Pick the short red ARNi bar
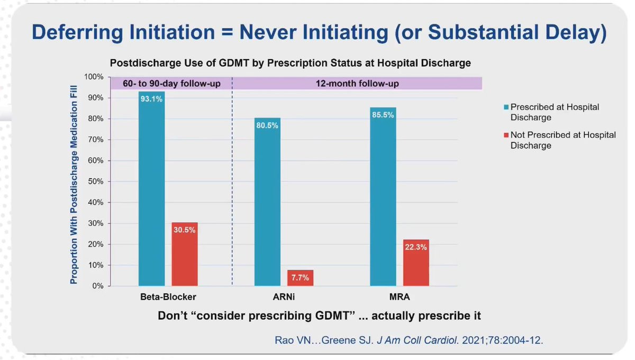click(x=300, y=278)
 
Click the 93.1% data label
click(x=152, y=98)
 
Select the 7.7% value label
click(x=300, y=277)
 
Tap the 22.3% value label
click(x=416, y=247)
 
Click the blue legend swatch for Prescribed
click(x=504, y=107)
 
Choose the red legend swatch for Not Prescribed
click(x=504, y=135)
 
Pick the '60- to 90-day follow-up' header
click(x=171, y=84)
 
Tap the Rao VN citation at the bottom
click(x=409, y=340)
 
